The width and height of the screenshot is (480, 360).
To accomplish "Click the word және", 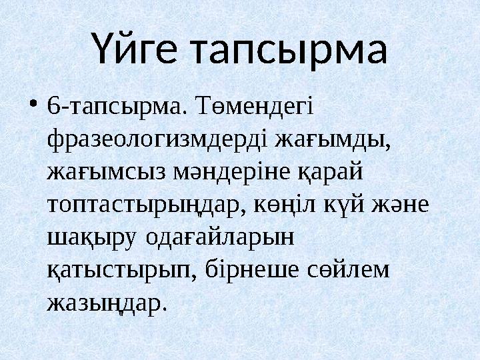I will (x=406, y=205).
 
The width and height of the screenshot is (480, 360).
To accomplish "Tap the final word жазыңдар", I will (x=105, y=303).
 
